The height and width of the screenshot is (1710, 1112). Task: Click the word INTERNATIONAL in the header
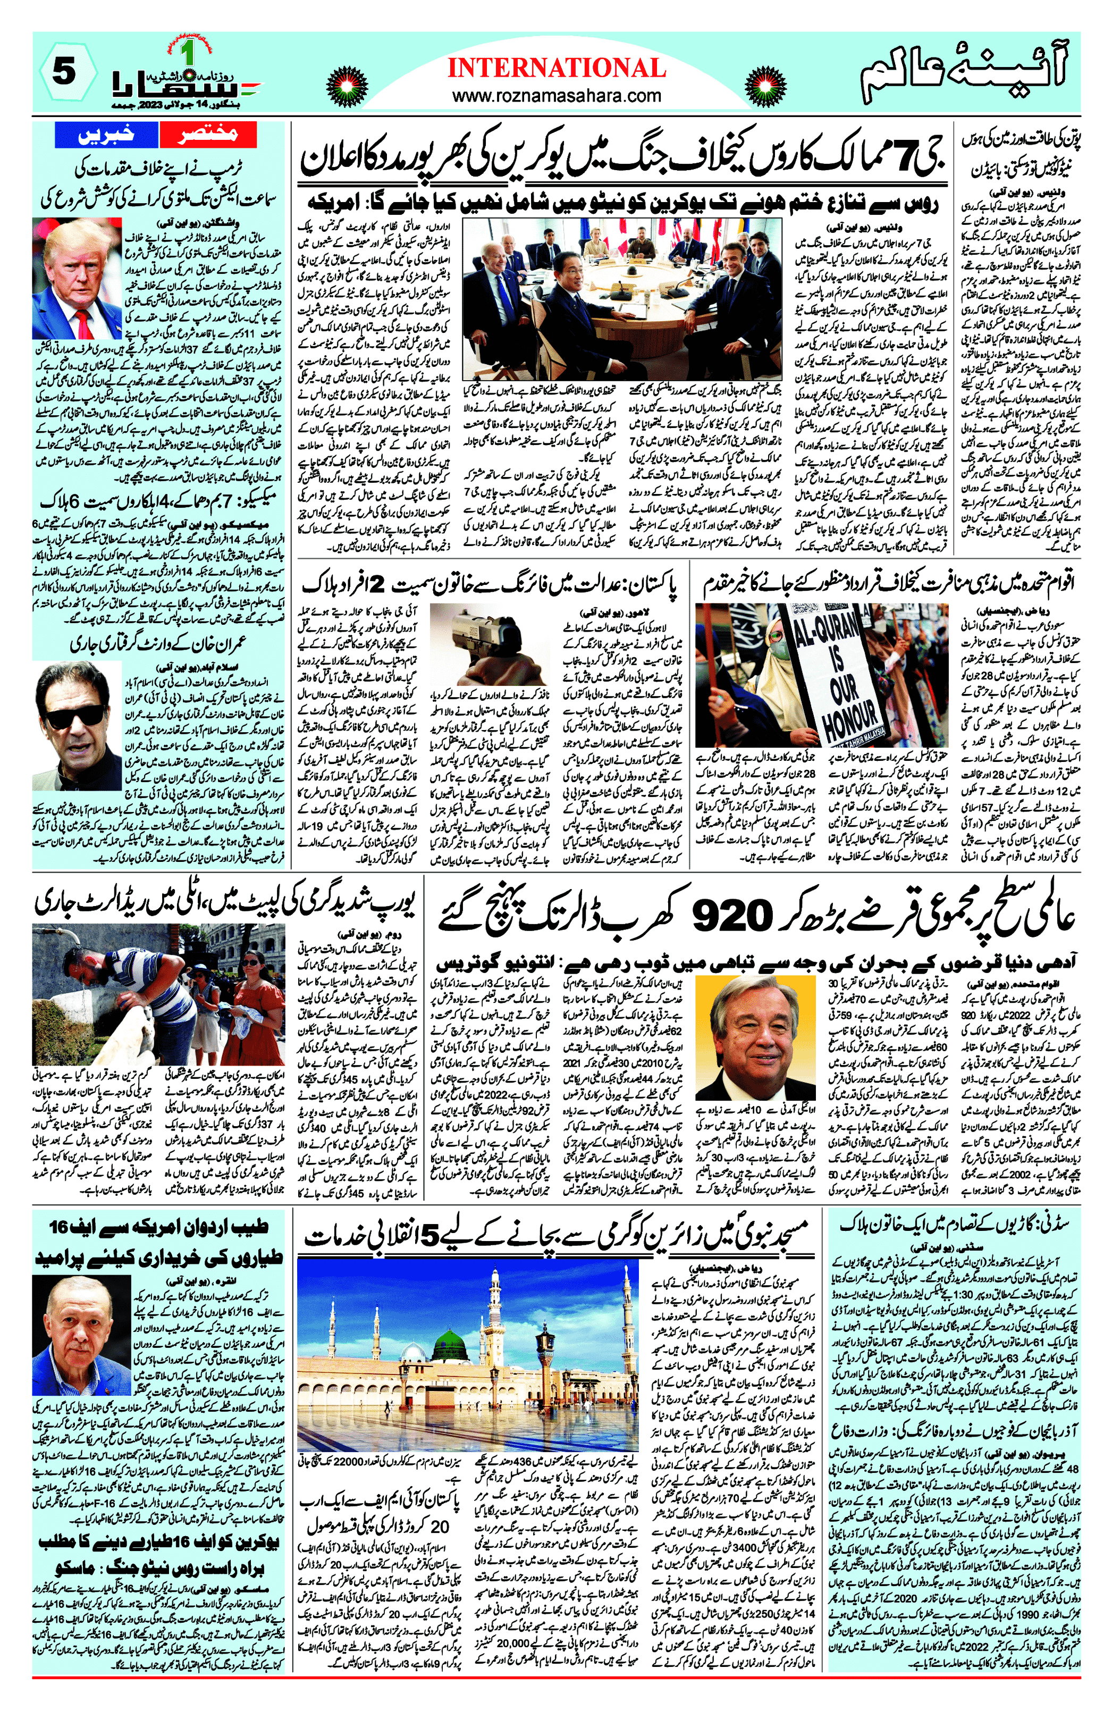pyautogui.click(x=556, y=68)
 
